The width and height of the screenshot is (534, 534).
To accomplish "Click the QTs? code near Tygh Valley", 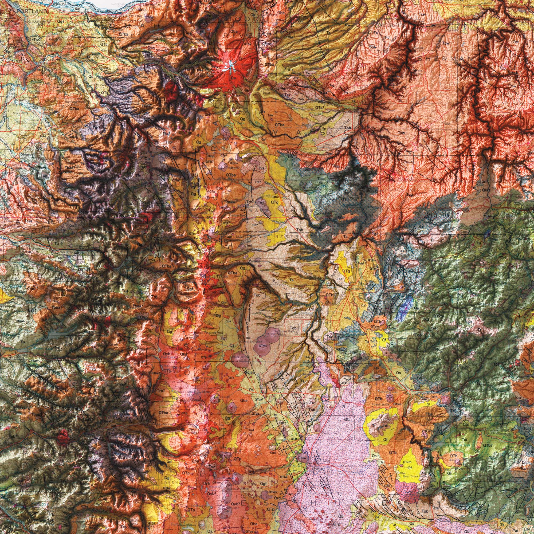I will pos(321,107).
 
